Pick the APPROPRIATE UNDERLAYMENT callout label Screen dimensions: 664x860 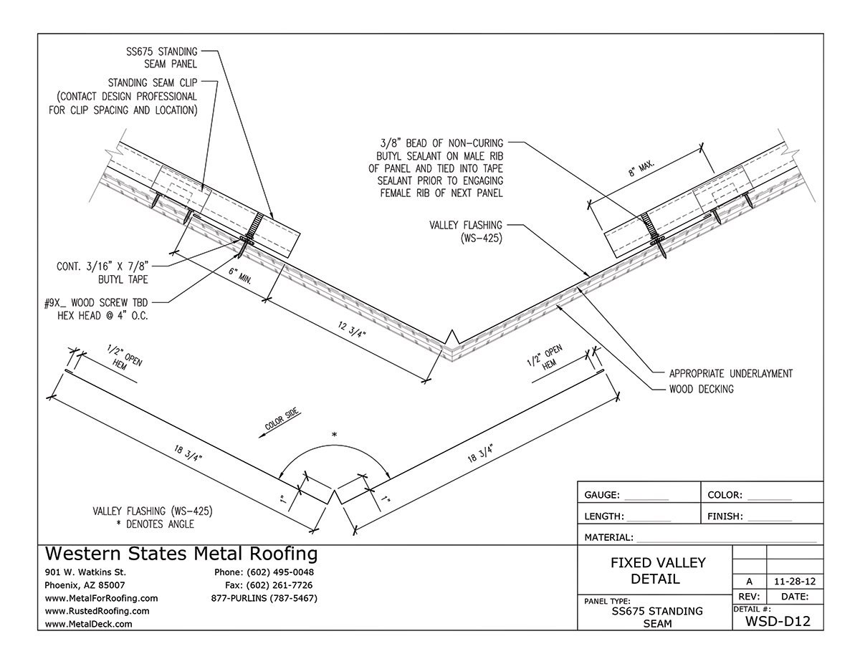[x=730, y=373]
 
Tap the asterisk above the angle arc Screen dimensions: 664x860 [x=334, y=436]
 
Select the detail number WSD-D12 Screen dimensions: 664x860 [x=778, y=621]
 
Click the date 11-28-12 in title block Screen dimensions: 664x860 [x=794, y=582]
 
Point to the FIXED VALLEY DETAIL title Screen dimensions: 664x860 [x=657, y=570]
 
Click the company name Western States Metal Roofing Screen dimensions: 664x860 [x=181, y=554]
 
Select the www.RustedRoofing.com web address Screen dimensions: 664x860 [x=97, y=611]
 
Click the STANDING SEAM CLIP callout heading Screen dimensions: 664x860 [x=152, y=83]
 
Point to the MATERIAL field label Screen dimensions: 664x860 [x=608, y=537]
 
